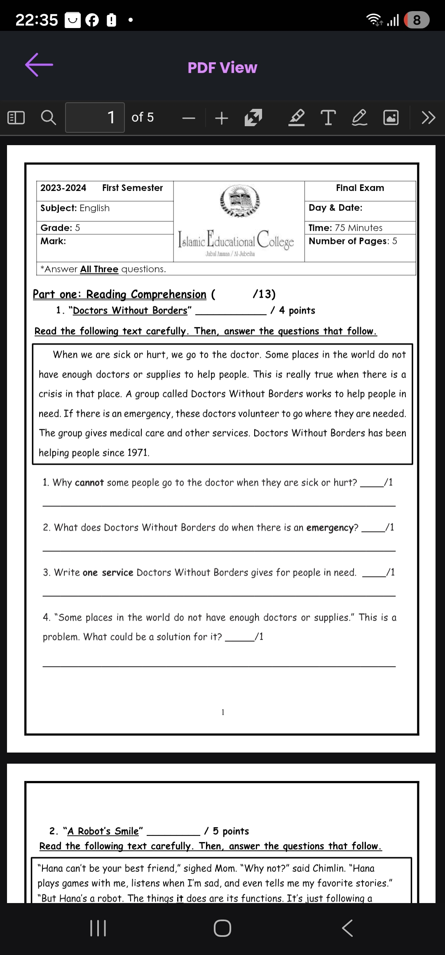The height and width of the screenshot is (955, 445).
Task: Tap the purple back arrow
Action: coord(39,65)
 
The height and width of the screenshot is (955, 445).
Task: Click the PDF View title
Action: coord(222,68)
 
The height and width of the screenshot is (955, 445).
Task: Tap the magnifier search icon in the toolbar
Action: coord(48,118)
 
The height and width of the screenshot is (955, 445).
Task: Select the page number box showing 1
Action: coord(95,118)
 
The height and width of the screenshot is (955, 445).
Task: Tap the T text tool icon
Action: coord(328,118)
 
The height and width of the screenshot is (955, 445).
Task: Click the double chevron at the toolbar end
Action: coord(428,118)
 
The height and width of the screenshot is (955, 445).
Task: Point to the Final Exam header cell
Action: coord(360,188)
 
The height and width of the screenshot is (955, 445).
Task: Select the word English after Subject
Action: coord(95,208)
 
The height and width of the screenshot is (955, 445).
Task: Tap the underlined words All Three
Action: coord(99,269)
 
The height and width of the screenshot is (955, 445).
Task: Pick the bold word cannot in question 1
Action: coord(89,482)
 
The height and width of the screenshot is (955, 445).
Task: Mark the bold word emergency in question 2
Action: coord(330,528)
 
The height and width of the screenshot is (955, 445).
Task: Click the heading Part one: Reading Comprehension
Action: coord(119,294)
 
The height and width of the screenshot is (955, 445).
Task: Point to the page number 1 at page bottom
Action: coord(223,712)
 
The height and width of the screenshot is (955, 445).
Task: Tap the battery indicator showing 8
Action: coord(417,20)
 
